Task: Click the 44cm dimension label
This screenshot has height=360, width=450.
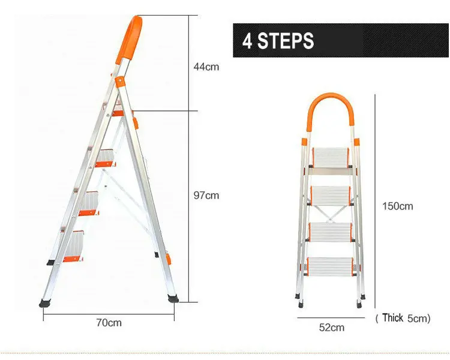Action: click(206, 67)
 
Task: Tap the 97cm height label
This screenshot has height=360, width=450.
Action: click(206, 196)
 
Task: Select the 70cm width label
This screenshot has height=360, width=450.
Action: click(109, 322)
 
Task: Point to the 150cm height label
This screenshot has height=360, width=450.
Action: click(398, 206)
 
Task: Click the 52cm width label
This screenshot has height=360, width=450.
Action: click(331, 327)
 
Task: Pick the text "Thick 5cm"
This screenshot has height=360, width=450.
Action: click(403, 318)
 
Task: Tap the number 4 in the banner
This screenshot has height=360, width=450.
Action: click(248, 41)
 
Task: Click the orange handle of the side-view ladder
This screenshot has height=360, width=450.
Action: click(131, 36)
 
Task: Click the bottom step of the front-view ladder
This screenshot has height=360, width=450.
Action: click(331, 267)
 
